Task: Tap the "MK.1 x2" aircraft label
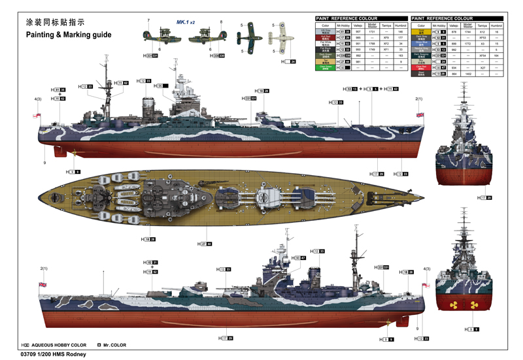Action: (186, 22)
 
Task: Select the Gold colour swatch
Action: (421, 31)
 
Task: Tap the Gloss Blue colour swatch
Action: (421, 44)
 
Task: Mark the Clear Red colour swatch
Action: (421, 67)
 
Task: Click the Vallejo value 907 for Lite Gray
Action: (358, 31)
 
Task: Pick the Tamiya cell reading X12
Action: (482, 31)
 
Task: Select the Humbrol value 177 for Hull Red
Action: (401, 38)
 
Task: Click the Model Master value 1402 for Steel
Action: (468, 74)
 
